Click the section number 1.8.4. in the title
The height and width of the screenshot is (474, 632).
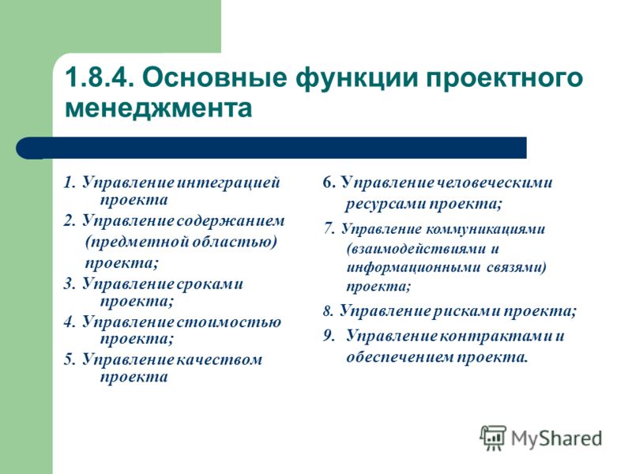point(100,77)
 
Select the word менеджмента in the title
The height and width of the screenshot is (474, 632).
point(159,108)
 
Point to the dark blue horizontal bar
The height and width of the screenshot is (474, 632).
point(271,148)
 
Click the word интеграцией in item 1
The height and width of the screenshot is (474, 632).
point(228,182)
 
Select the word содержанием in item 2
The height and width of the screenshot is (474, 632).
point(231,221)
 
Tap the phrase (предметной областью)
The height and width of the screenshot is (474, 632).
point(182,243)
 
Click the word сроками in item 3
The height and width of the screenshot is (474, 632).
point(210,284)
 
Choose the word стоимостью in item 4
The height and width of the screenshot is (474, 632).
point(228,322)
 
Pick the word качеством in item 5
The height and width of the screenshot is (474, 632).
point(220,359)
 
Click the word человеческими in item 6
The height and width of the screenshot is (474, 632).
point(495,182)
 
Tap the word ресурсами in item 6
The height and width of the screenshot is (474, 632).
point(386,204)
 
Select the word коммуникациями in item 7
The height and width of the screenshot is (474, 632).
point(485,229)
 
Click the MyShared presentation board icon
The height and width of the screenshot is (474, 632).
point(493,438)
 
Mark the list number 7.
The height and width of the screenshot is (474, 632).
point(329,229)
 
